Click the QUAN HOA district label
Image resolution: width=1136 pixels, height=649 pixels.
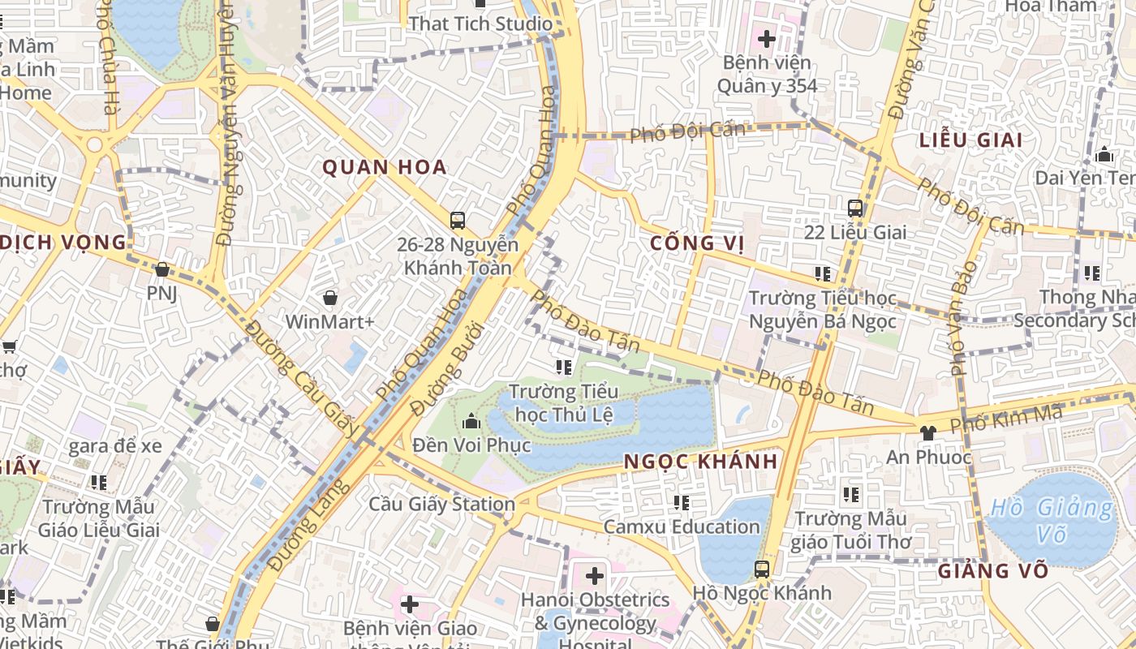(x=385, y=168)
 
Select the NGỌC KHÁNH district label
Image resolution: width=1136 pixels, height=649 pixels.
(x=700, y=462)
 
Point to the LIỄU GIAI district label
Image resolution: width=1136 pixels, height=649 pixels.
(x=970, y=140)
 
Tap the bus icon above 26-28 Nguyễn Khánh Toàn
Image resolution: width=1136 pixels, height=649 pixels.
(x=458, y=220)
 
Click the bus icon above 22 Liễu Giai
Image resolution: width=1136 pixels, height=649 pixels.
(x=854, y=208)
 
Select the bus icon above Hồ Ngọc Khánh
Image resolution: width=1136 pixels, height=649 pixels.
(x=761, y=569)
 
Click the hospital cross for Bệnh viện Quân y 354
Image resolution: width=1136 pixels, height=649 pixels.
(x=767, y=38)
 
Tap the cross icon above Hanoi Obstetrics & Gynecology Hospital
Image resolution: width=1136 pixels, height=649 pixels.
(x=595, y=576)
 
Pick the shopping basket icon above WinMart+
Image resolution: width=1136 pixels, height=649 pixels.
(x=329, y=298)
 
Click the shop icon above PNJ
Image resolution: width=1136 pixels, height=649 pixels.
(x=161, y=269)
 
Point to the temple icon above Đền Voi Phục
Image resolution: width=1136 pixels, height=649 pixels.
(x=471, y=421)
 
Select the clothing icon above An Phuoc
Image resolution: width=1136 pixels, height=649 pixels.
(x=928, y=432)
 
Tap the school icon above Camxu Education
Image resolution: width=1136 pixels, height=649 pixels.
(x=682, y=503)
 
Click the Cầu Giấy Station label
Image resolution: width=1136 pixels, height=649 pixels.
(x=442, y=504)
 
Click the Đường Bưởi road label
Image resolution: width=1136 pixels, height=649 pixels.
(x=447, y=370)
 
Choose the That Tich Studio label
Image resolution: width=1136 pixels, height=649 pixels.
(x=480, y=24)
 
